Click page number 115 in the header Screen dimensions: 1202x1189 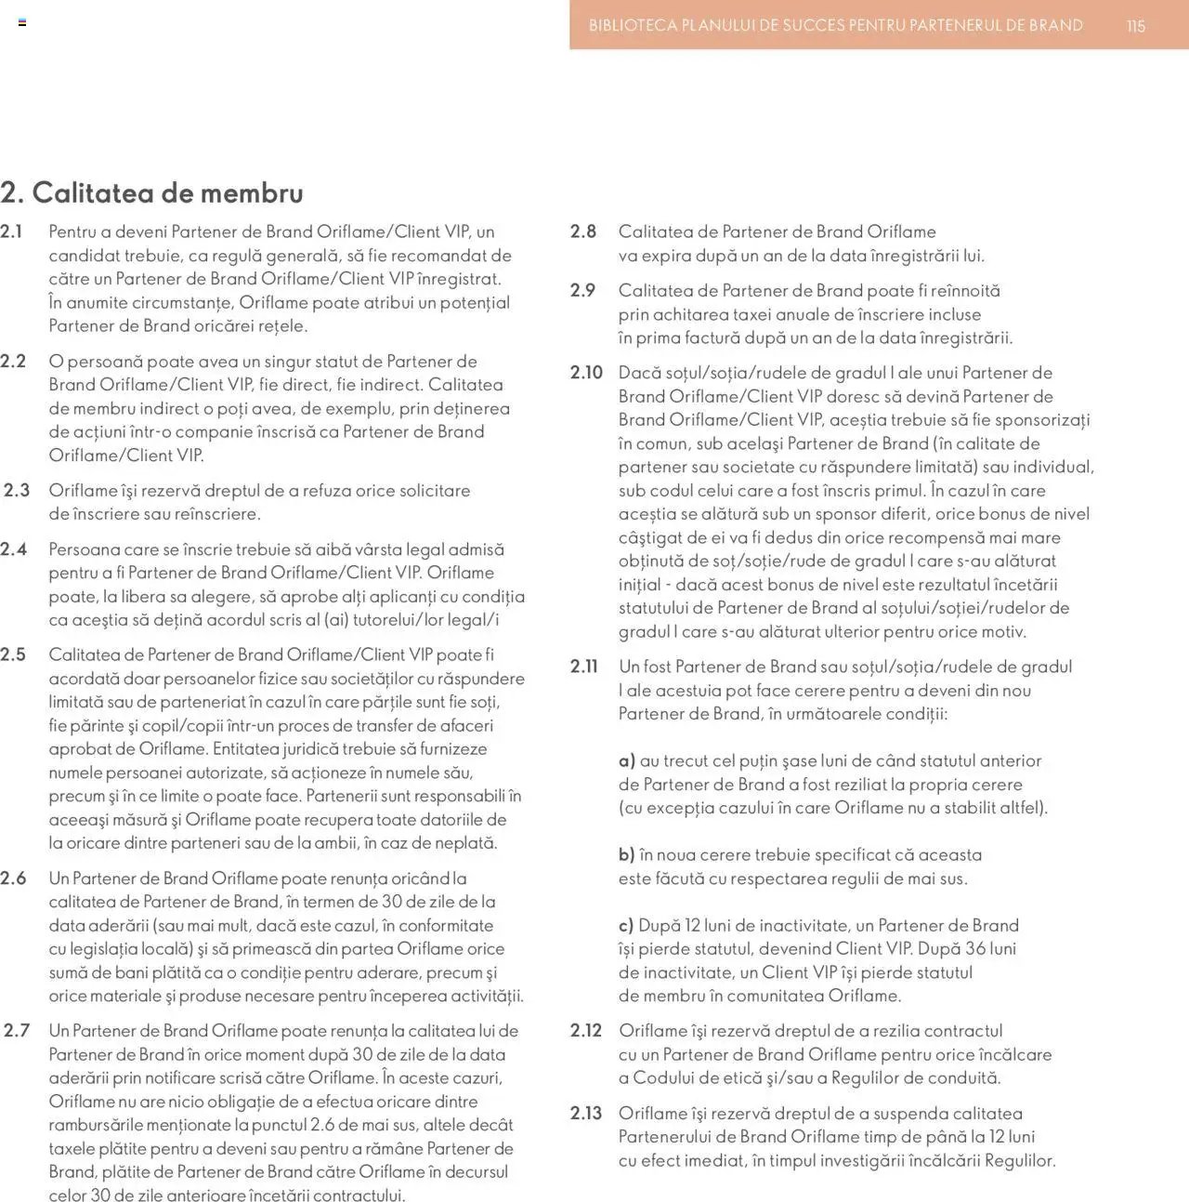coord(1135,26)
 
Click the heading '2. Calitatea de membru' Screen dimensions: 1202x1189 coord(151,192)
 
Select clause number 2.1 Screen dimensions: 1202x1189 coord(12,231)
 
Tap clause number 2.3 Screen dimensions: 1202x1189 coord(17,490)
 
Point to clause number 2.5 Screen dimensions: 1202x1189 coord(13,654)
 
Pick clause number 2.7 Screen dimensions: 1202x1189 coord(17,1030)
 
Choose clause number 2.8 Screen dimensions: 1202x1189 coord(583,231)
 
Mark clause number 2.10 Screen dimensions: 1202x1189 coord(586,373)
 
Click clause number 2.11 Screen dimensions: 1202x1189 coord(584,667)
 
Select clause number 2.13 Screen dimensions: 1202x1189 coord(586,1113)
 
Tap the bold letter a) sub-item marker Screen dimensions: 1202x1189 coord(627,760)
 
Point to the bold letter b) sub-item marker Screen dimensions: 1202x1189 coord(627,854)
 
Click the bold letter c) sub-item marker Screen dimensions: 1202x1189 coord(626,925)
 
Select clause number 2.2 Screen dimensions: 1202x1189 coord(13,361)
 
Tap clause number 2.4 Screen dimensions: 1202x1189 coord(13,549)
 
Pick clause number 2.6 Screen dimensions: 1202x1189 coord(13,878)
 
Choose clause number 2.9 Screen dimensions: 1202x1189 coord(583,290)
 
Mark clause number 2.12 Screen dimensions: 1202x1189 coord(586,1030)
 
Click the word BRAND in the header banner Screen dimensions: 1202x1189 coord(1055,26)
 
